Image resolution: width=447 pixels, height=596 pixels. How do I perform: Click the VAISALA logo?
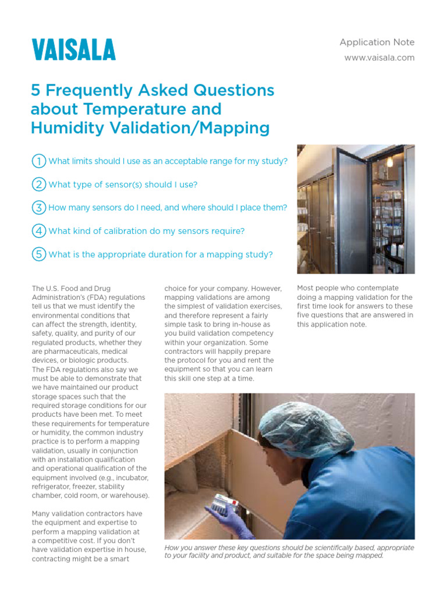click(73, 49)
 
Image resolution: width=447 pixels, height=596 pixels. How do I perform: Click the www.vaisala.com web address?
click(379, 58)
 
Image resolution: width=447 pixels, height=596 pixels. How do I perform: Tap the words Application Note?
click(377, 42)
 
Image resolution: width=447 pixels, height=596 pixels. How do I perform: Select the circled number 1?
click(38, 161)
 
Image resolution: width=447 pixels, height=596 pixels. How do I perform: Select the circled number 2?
click(38, 184)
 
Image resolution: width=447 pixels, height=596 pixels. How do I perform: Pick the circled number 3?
click(38, 207)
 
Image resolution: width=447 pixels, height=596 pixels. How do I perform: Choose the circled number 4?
click(38, 230)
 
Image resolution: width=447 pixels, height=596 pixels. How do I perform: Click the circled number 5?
click(38, 254)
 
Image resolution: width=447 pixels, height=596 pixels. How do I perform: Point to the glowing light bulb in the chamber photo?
click(389, 162)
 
